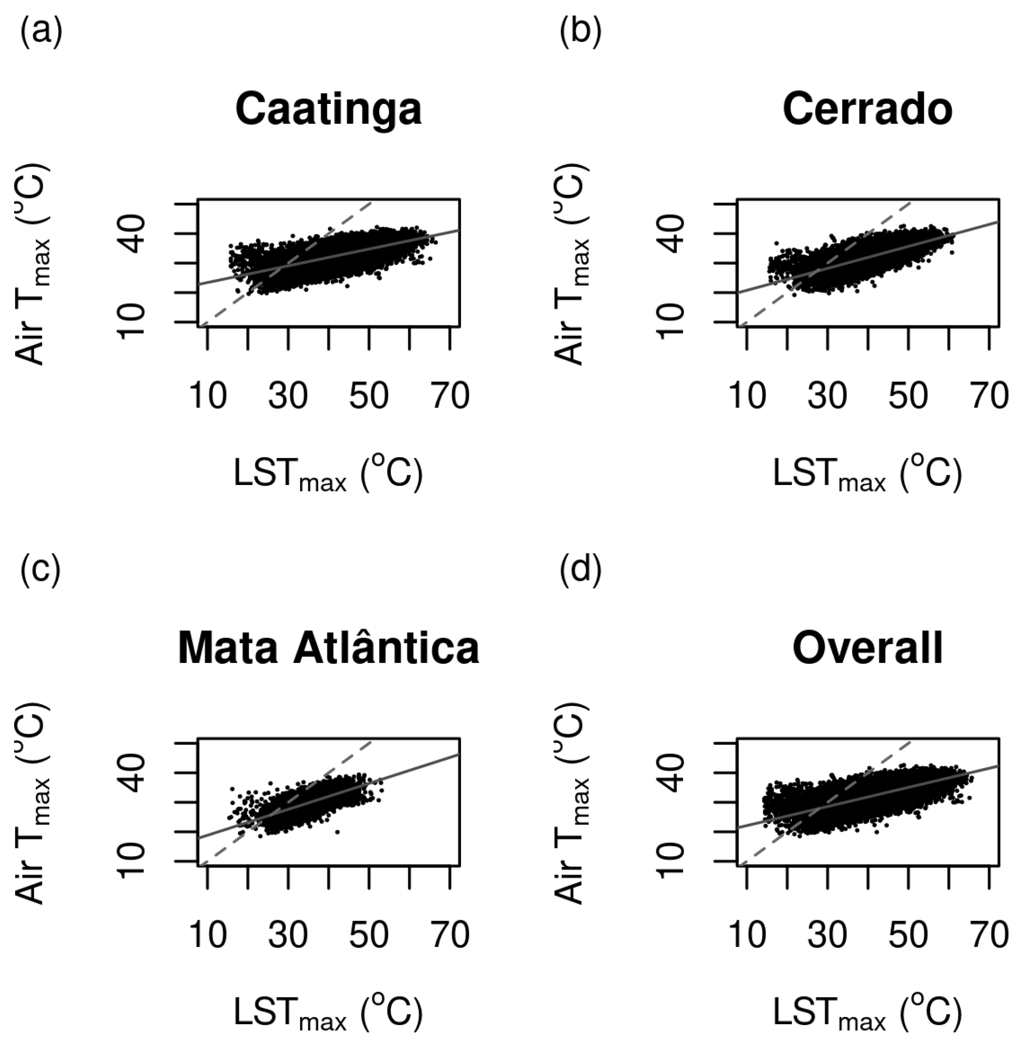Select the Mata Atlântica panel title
tap(328, 649)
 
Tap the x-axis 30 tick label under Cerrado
tap(828, 397)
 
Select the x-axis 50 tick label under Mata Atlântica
tap(369, 935)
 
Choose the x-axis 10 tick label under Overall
tap(747, 935)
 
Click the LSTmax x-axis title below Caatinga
tap(328, 474)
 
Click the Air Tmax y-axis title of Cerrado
tap(572, 264)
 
